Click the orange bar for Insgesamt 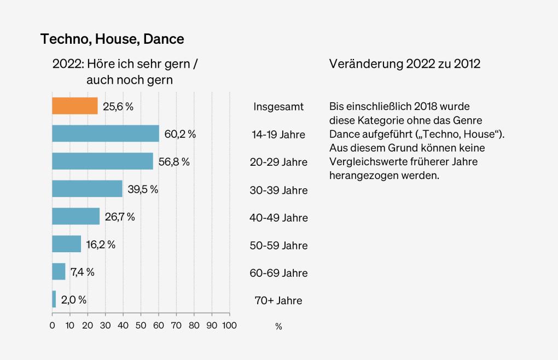75,106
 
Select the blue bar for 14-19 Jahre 106,133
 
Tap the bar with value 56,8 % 102,161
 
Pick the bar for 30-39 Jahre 87,189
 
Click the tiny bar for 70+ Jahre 54,299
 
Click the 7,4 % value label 82,272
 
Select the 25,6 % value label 118,107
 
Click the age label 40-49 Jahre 278,218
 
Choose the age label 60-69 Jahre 278,273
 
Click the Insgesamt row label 278,107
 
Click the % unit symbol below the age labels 278,327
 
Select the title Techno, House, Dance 112,39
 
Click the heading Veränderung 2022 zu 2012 404,63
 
